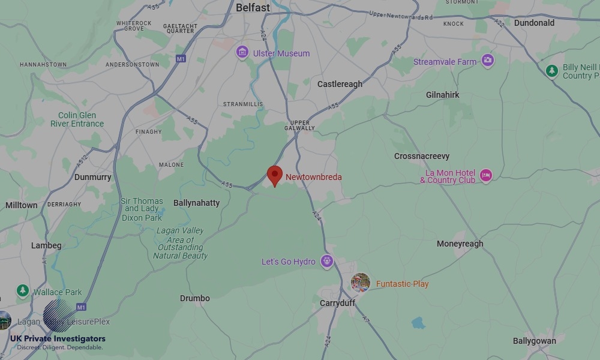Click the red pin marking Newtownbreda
(275, 175)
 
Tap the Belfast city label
(253, 8)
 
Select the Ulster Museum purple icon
(242, 52)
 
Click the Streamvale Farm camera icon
(488, 61)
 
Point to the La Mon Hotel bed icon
(486, 176)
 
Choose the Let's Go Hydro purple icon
(326, 261)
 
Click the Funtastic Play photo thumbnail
(361, 283)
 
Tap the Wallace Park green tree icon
(23, 291)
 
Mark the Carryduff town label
(337, 303)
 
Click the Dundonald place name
(534, 23)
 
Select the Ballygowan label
(534, 341)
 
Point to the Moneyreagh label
(460, 244)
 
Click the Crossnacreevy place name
(422, 156)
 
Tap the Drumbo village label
(195, 298)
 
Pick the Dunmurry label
(92, 177)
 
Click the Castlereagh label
(340, 84)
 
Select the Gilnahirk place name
(442, 95)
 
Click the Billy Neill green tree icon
(552, 71)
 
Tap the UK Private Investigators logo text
(58, 339)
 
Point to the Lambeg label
(46, 245)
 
